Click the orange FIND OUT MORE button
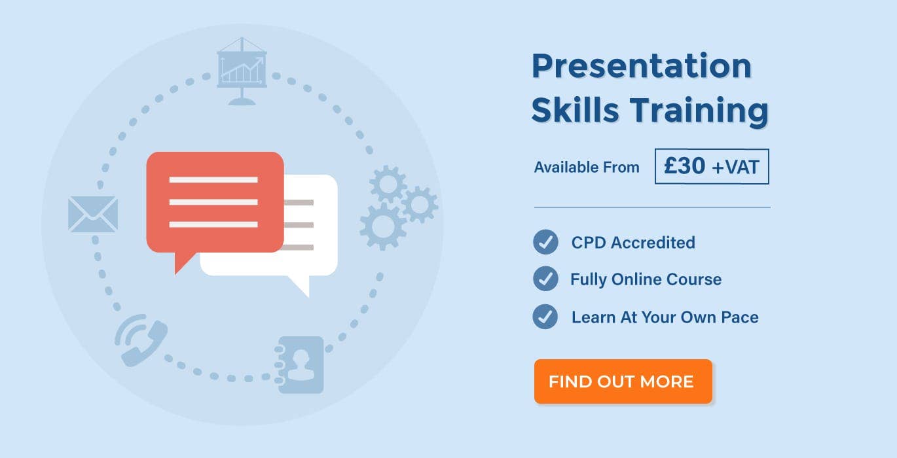tap(623, 381)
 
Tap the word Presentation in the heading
tap(642, 66)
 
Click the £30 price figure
tap(684, 166)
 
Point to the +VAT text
tap(736, 167)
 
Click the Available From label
tap(587, 167)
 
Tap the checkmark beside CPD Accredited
tap(545, 242)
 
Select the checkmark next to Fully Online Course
tap(545, 279)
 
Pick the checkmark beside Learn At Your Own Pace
tap(545, 317)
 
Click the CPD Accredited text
tap(633, 242)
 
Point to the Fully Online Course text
tap(646, 279)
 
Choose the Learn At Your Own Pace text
tap(665, 317)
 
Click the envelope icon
tap(93, 214)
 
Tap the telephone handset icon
tap(141, 340)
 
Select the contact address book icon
tap(299, 365)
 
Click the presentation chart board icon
tap(242, 71)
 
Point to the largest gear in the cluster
tap(382, 226)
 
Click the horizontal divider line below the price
tap(652, 207)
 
